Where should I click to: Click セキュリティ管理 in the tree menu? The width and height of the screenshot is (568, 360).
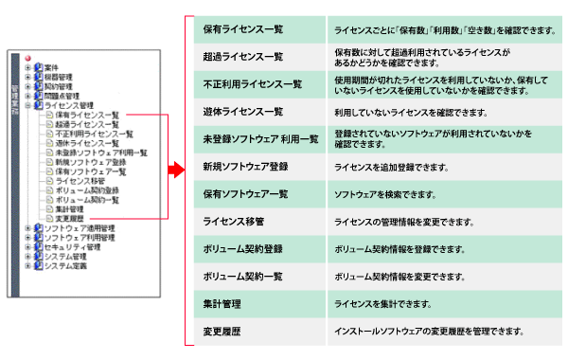pos(68,246)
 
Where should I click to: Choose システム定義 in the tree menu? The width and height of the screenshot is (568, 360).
pos(64,265)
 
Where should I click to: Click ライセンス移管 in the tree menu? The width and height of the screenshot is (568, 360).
pos(80,179)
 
